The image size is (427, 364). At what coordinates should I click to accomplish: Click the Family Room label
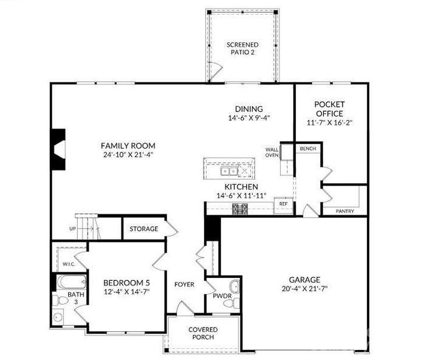tap(128, 146)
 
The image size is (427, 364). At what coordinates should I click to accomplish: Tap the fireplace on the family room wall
tap(58, 149)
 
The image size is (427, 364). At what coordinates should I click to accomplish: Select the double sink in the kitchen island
tap(229, 172)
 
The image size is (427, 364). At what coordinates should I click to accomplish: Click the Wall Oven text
tap(272, 152)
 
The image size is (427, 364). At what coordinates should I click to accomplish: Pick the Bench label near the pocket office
tap(308, 149)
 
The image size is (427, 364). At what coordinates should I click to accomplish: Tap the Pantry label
tap(345, 211)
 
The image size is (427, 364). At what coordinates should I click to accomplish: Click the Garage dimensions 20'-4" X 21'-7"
tap(304, 289)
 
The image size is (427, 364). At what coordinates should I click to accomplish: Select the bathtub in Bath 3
tap(71, 282)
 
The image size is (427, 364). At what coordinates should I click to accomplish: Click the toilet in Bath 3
tap(60, 301)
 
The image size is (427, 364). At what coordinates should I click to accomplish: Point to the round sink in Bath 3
tap(58, 317)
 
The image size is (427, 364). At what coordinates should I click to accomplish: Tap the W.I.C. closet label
tap(69, 264)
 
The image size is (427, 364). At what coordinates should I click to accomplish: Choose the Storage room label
tap(144, 229)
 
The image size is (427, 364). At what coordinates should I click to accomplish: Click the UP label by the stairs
tap(72, 229)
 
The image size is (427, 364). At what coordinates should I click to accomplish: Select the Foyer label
tap(185, 285)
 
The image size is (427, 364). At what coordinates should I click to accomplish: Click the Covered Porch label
tap(203, 333)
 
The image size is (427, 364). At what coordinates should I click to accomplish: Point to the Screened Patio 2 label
tap(242, 49)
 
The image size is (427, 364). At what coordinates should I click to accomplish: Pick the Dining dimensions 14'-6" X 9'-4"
tap(249, 118)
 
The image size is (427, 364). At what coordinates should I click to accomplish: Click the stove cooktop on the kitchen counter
tap(240, 209)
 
